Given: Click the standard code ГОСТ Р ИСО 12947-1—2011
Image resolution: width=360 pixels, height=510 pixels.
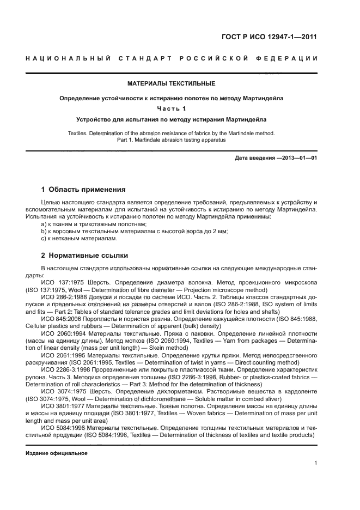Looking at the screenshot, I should click(277, 37).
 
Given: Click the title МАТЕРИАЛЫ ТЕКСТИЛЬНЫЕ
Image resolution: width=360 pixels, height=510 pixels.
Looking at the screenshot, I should click(171, 84).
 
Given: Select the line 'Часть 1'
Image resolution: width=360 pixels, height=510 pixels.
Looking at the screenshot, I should click(171, 108).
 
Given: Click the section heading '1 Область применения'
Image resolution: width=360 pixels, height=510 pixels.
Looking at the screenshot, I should click(83, 190).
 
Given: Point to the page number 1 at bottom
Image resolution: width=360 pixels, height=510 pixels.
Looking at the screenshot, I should click(316, 463).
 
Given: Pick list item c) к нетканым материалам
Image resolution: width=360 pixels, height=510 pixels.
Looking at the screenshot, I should click(79, 238).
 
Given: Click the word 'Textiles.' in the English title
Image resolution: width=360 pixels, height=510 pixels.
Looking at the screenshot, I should click(78, 132).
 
